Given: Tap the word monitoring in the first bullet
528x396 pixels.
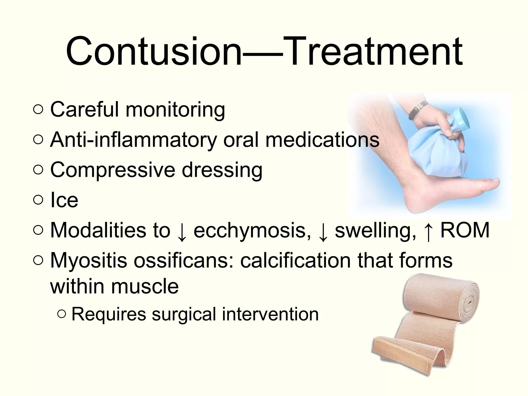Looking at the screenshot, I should point(175,110).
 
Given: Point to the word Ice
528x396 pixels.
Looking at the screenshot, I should point(64,200).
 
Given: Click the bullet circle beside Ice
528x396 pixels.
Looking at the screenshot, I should point(38,201).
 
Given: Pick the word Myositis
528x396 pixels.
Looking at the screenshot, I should point(89,260).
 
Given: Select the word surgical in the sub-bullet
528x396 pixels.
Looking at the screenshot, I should point(184,315).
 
